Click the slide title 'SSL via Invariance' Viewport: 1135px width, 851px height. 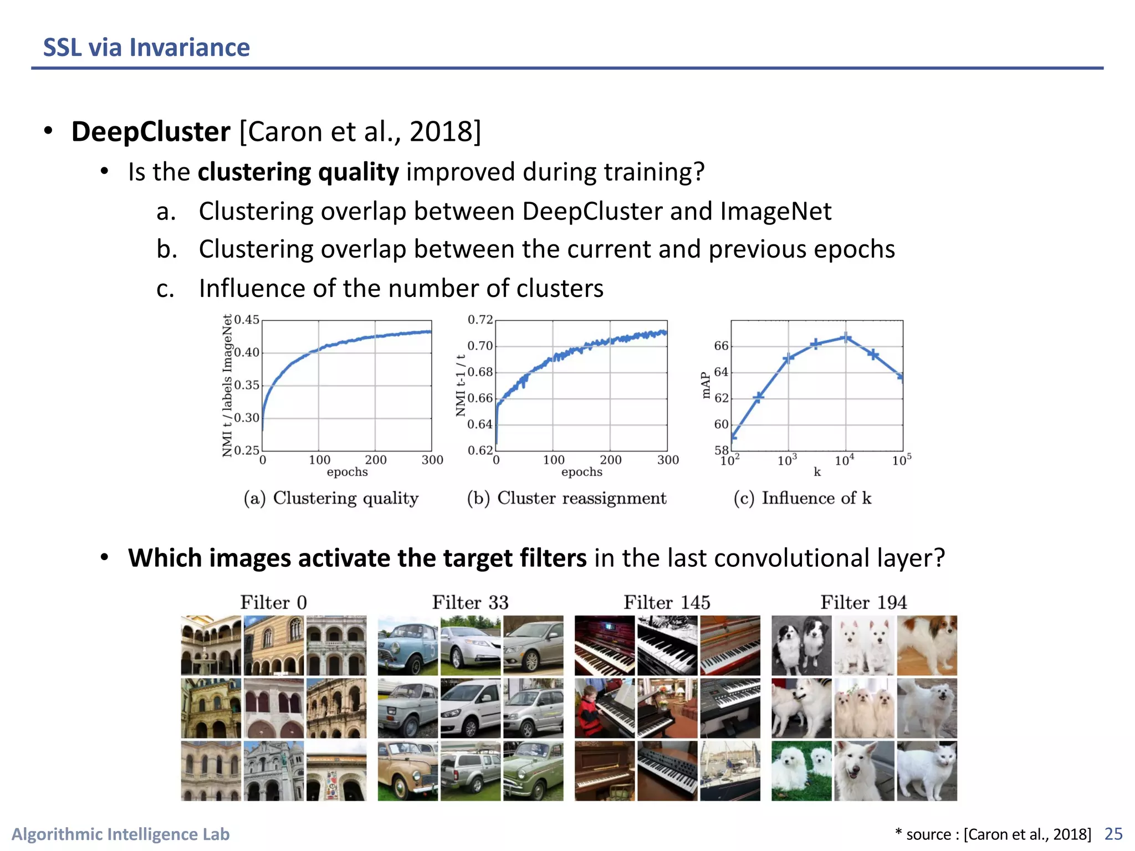click(146, 48)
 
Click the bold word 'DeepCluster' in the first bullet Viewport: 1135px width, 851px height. click(151, 132)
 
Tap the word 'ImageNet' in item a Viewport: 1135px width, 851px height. click(775, 211)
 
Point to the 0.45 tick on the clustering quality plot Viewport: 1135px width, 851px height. click(247, 320)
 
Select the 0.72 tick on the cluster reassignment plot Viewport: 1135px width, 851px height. click(480, 320)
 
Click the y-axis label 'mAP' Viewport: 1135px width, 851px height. click(705, 385)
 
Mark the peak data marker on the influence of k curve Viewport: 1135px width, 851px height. click(846, 337)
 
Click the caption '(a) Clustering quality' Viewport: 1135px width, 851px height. click(331, 498)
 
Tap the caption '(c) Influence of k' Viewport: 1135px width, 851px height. click(802, 498)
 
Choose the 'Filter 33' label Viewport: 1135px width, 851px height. click(470, 602)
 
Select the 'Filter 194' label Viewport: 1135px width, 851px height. click(863, 602)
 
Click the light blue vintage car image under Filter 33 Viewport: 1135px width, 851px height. click(408, 645)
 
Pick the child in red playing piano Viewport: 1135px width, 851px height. click(605, 708)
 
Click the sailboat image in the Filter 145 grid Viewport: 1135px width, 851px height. click(730, 771)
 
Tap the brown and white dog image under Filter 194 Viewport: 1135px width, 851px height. click(927, 645)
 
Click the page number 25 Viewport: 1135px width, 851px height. click(1113, 834)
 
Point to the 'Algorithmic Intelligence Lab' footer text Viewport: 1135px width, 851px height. click(121, 834)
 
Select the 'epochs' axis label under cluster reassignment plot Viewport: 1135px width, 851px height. click(581, 472)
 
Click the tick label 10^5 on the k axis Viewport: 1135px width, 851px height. click(901, 460)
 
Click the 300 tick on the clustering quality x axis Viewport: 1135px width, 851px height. click(432, 460)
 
